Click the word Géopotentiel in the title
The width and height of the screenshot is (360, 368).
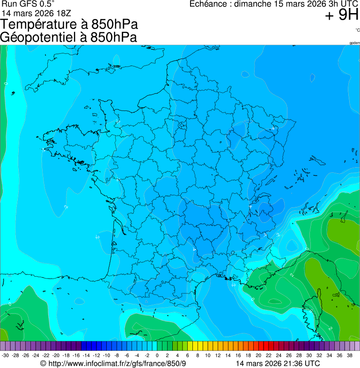(x=40, y=37)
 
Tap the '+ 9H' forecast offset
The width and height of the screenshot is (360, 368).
(x=342, y=15)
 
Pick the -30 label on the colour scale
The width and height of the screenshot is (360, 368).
(x=6, y=355)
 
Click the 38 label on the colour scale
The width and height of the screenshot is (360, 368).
(x=349, y=355)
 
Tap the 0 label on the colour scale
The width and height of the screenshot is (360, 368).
(x=157, y=355)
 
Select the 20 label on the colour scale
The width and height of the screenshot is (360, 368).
(x=258, y=355)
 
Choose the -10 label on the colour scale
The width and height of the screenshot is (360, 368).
(x=107, y=355)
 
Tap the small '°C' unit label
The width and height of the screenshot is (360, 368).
(x=357, y=30)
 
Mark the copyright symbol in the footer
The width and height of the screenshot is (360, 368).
(x=43, y=363)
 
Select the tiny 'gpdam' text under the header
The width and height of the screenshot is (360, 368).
(x=354, y=43)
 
